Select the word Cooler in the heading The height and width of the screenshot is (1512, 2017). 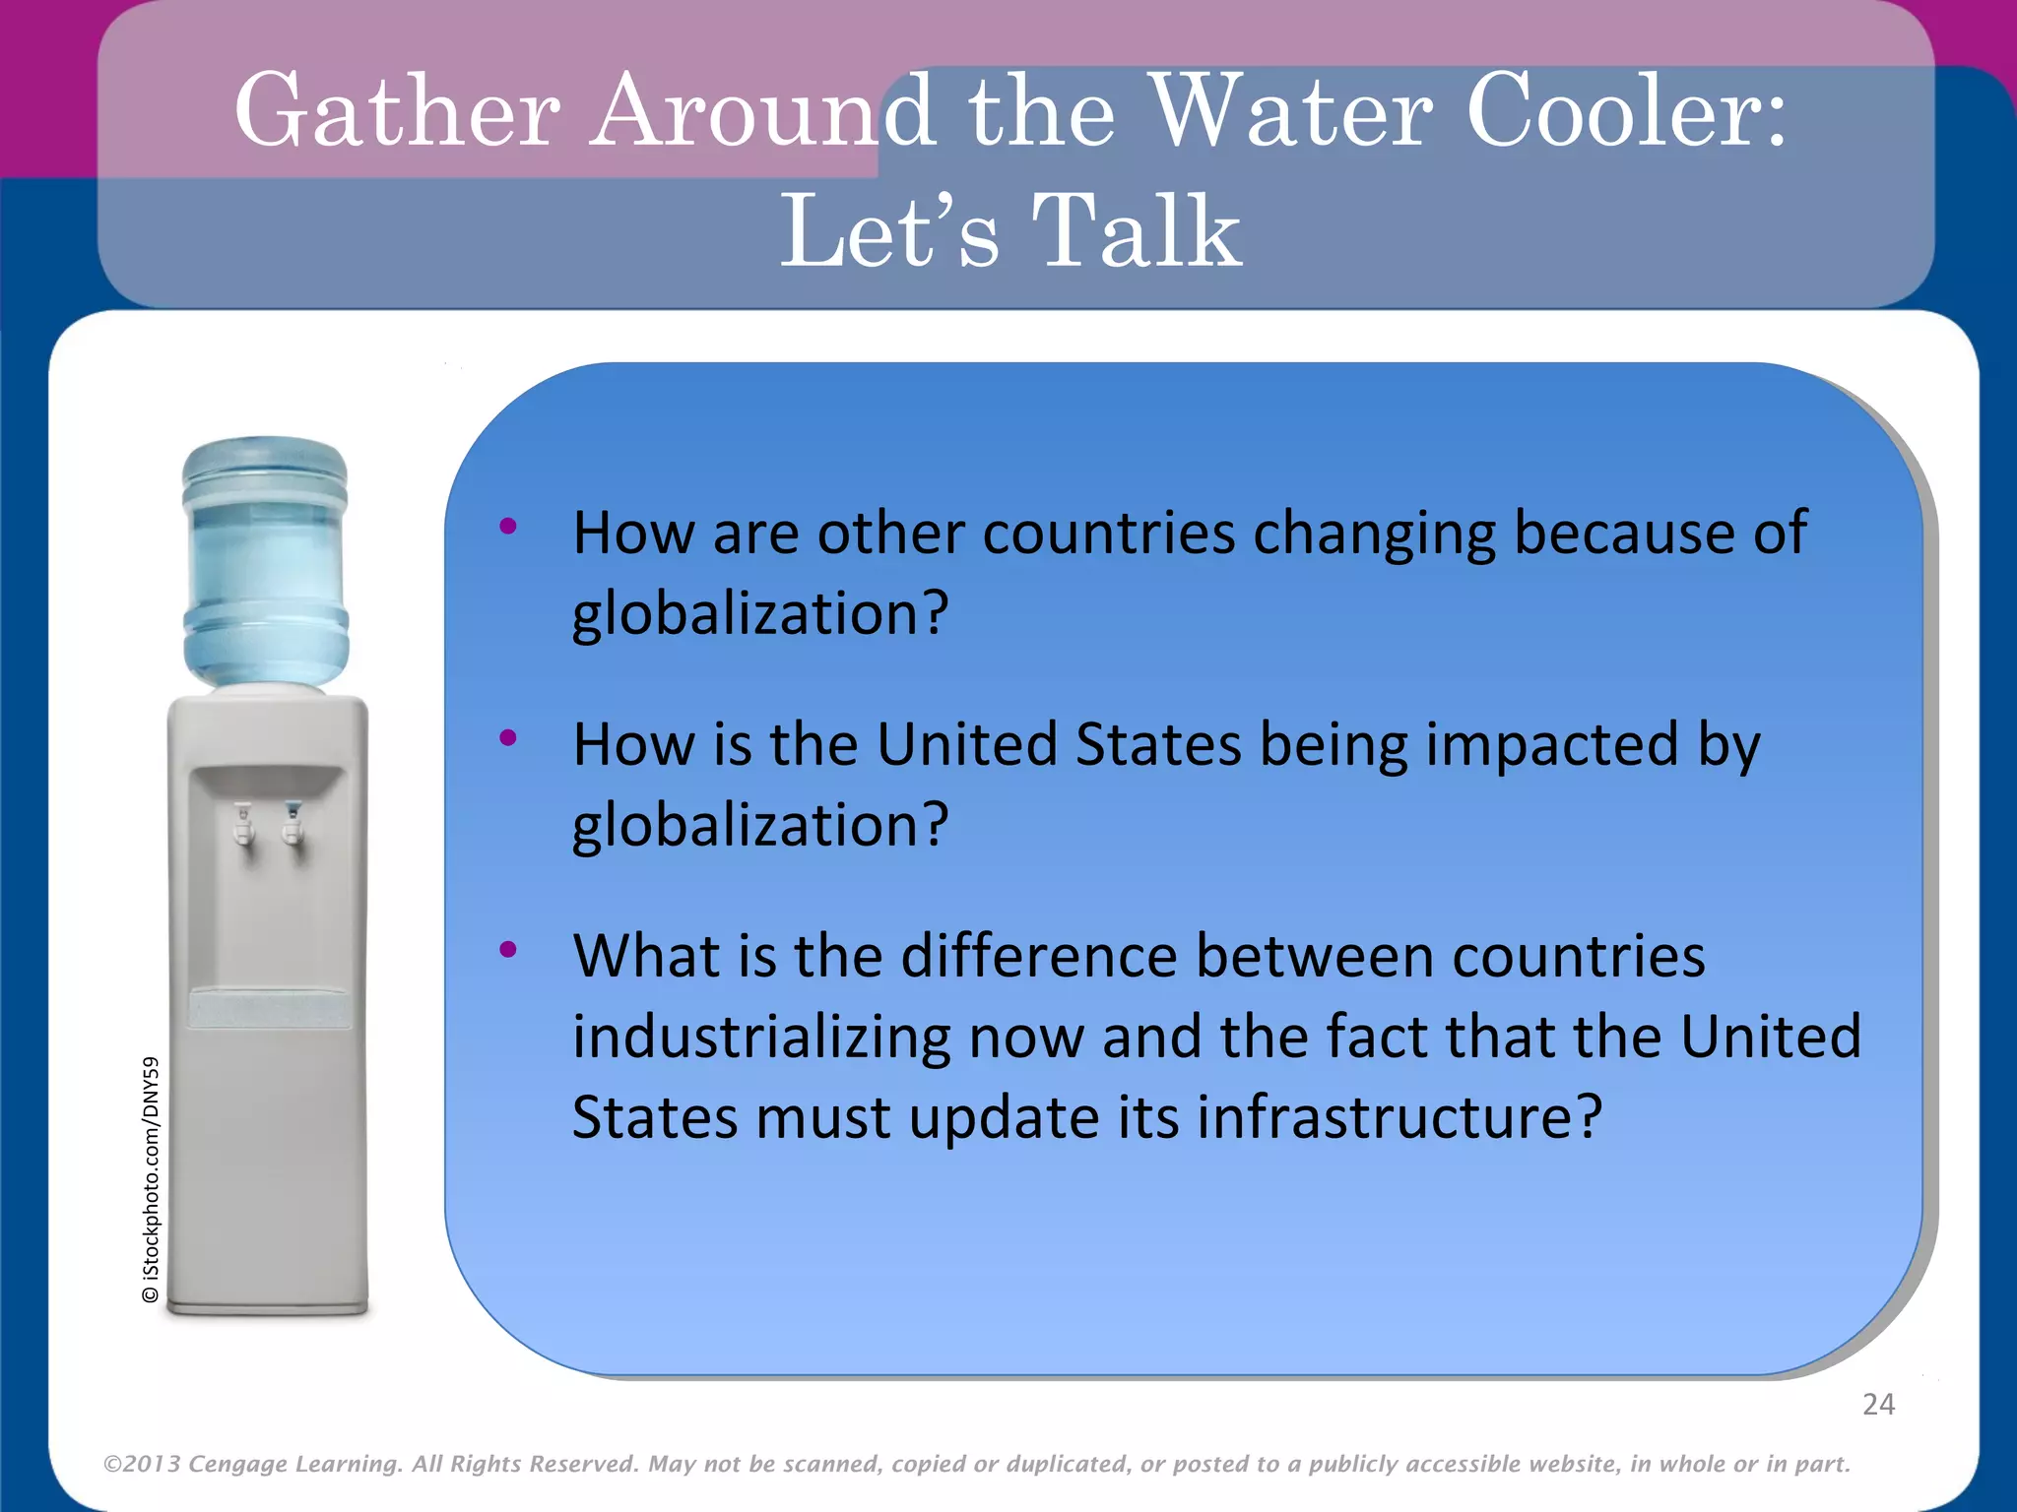point(1615,110)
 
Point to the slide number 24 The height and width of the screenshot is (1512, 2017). point(1878,1404)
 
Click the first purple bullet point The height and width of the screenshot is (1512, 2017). point(508,527)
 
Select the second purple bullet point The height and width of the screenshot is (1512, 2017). point(508,737)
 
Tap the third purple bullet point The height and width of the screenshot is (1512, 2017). point(508,950)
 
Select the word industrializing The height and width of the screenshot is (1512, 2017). point(761,1038)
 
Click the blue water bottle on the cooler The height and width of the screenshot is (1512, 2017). point(265,561)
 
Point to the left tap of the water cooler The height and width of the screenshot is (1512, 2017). point(243,824)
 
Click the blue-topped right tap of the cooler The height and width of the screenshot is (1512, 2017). point(293,822)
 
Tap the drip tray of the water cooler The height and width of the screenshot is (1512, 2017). point(268,1009)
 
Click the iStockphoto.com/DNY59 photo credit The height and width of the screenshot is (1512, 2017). point(151,1179)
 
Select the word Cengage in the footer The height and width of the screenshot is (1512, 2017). point(237,1464)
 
